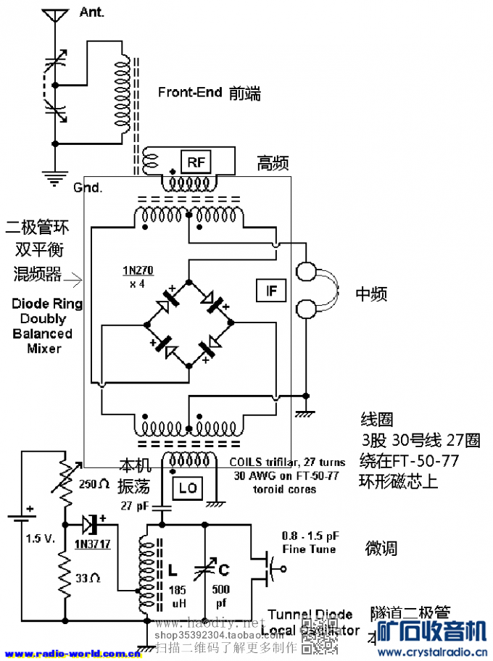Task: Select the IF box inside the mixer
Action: pos(272,291)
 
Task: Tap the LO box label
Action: pos(188,488)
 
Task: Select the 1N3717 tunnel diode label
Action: pos(91,544)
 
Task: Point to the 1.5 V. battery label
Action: pos(41,539)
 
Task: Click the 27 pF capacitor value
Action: pos(135,505)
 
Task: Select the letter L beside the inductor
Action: pos(174,570)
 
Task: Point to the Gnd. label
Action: pos(88,187)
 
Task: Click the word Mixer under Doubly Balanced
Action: pos(44,349)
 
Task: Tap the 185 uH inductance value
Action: pos(178,596)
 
